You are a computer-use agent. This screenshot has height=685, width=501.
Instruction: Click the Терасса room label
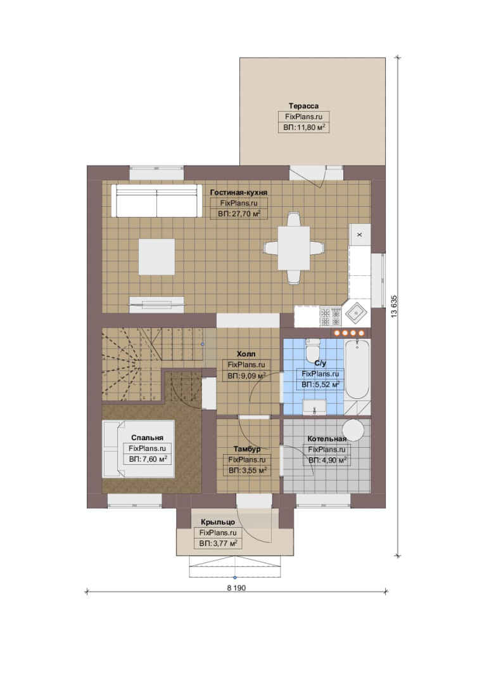(x=303, y=106)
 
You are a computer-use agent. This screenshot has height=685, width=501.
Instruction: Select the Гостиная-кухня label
(x=238, y=192)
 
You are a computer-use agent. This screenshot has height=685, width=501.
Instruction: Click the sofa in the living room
(x=156, y=200)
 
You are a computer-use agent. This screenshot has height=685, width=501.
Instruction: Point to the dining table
(x=294, y=248)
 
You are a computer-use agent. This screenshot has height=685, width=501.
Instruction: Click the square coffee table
(x=156, y=256)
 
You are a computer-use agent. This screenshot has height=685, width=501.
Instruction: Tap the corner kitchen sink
(x=357, y=313)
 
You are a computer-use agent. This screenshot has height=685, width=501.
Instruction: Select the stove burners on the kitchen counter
(x=331, y=316)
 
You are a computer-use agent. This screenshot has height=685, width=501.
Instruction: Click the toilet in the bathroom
(x=312, y=348)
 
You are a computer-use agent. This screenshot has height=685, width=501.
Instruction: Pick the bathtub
(x=357, y=370)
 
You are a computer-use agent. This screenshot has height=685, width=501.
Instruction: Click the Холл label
(x=246, y=354)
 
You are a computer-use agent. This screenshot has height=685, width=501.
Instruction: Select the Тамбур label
(x=246, y=448)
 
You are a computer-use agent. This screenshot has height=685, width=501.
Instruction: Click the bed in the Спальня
(x=138, y=448)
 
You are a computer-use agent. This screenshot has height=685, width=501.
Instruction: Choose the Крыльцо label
(x=218, y=522)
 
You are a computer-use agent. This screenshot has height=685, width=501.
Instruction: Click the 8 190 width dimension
(x=236, y=588)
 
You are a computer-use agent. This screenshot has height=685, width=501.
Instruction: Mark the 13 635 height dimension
(x=394, y=306)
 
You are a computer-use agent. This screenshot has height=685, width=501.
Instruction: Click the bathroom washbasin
(x=314, y=407)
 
